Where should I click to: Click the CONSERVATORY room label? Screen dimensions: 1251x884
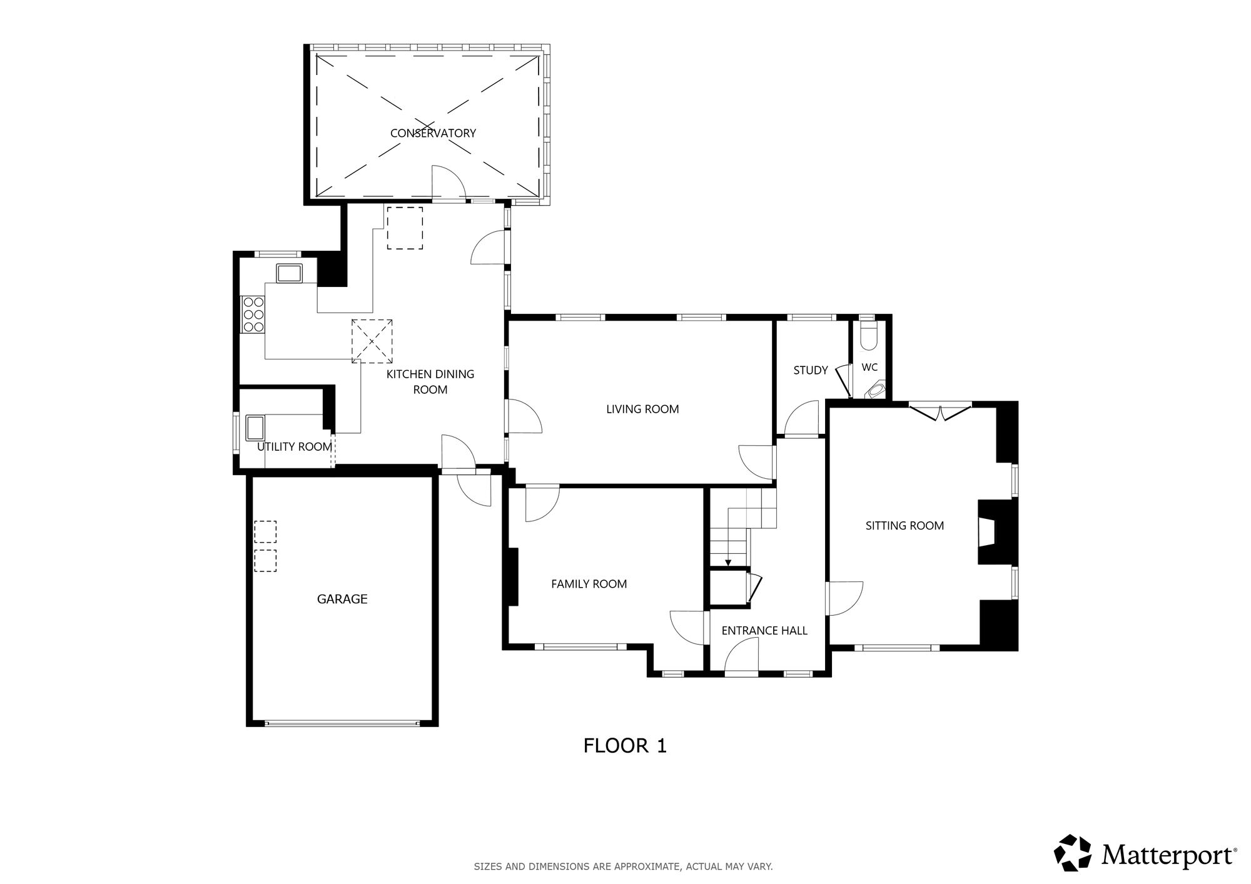click(433, 133)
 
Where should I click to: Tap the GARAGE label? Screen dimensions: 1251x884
click(342, 599)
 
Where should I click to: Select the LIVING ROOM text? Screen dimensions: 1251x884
click(642, 409)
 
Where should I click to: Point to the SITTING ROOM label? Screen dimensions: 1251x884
click(904, 526)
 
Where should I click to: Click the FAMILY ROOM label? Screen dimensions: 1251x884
click(589, 584)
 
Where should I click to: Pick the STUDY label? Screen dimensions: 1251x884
click(811, 370)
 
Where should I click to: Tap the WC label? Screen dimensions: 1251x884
click(869, 368)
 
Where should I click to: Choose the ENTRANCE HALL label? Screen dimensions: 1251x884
click(764, 631)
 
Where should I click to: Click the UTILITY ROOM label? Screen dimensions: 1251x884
click(295, 446)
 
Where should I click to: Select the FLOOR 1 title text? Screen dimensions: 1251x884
click(625, 745)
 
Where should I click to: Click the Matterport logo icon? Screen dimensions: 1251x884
click(1073, 853)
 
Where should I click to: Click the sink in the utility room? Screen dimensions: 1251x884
click(255, 428)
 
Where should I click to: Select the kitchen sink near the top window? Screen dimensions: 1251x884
click(289, 273)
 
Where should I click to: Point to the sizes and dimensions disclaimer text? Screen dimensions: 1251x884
click(623, 866)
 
